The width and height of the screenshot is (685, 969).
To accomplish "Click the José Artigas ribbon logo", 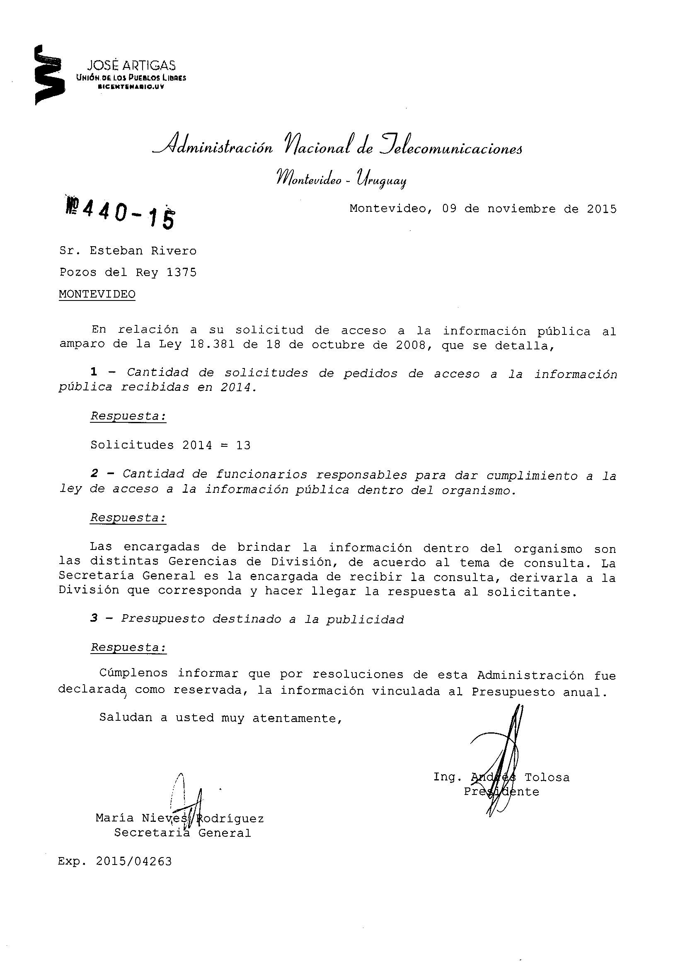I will pos(48,75).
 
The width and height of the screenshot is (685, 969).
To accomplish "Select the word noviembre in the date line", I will pos(521,209).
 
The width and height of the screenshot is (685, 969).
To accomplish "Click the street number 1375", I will pos(182,273).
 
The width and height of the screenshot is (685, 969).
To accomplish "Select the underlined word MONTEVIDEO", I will pos(97,294).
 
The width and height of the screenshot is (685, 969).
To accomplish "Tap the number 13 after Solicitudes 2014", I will pos(243,446).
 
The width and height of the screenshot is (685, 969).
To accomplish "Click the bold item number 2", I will pos(94,474).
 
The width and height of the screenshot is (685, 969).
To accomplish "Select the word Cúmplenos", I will pos(133,673).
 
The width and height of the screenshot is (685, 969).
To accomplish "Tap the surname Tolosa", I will pos(547,778).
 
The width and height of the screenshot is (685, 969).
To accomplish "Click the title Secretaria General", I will pos(182,833).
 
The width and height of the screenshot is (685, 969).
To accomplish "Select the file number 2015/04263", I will pos(134,861).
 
